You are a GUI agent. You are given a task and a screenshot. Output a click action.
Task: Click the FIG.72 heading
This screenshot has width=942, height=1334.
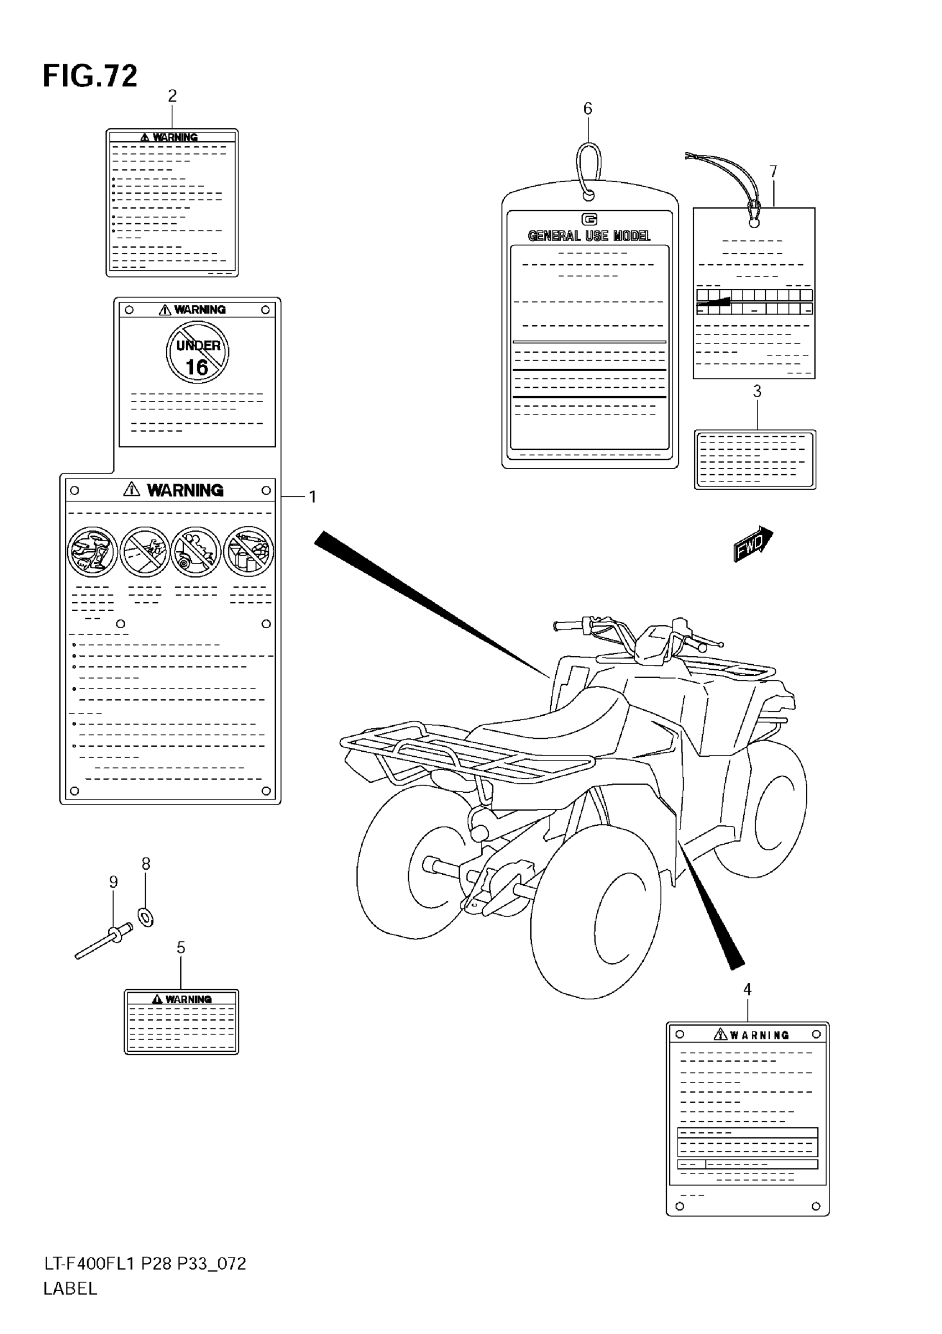(x=90, y=76)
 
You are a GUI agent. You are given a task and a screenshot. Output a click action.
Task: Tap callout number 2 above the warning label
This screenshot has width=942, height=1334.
(x=172, y=96)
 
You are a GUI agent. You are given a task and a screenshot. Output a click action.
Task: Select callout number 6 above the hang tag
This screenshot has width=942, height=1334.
(x=587, y=109)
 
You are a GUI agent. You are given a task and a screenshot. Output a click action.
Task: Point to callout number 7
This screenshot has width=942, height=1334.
(x=773, y=171)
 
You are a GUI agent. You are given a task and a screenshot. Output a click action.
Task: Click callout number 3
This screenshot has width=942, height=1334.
(x=756, y=392)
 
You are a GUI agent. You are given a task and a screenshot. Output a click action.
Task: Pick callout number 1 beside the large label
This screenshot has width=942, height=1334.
(x=313, y=497)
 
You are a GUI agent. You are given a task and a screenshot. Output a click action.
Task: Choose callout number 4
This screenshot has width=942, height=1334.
(x=748, y=989)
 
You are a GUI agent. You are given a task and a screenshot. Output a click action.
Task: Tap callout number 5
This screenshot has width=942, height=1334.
(x=181, y=948)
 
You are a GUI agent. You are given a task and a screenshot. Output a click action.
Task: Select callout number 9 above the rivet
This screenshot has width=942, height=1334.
(x=114, y=882)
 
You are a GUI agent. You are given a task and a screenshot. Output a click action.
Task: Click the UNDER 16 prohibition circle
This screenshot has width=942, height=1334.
(x=198, y=353)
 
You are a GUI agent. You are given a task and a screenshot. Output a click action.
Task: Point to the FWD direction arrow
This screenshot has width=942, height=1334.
(x=752, y=544)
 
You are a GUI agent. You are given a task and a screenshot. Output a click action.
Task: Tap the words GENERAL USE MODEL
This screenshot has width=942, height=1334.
(x=588, y=236)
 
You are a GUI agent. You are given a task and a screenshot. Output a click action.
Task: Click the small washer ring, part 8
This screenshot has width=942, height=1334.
(x=146, y=917)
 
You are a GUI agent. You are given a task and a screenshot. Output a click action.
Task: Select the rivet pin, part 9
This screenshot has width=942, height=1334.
(x=105, y=941)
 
